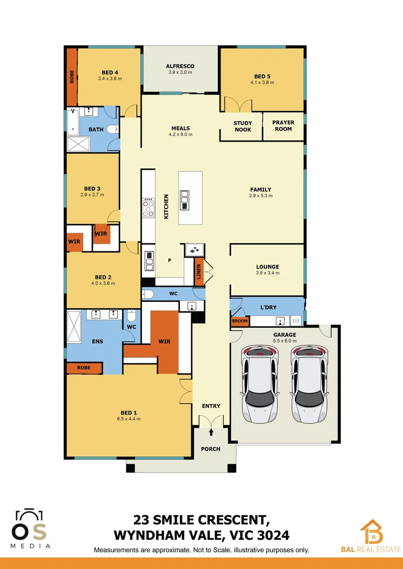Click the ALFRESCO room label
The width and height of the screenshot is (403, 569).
click(x=180, y=66)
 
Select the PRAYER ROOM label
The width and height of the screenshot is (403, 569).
click(x=283, y=125)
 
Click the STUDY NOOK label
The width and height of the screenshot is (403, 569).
click(x=243, y=126)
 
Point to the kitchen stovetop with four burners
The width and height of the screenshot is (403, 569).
click(x=149, y=209)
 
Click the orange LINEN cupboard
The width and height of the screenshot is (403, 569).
click(x=199, y=272)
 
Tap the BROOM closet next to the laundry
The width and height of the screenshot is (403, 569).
click(x=239, y=321)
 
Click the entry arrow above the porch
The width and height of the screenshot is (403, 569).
click(x=212, y=433)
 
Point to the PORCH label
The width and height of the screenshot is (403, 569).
click(x=210, y=449)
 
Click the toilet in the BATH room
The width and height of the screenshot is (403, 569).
click(x=112, y=129)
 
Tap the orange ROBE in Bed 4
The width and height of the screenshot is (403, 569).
click(x=72, y=77)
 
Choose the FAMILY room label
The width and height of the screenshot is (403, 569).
click(x=261, y=190)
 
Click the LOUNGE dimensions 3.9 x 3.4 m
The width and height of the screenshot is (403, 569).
click(x=267, y=273)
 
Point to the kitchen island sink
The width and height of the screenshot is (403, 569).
click(x=185, y=197)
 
